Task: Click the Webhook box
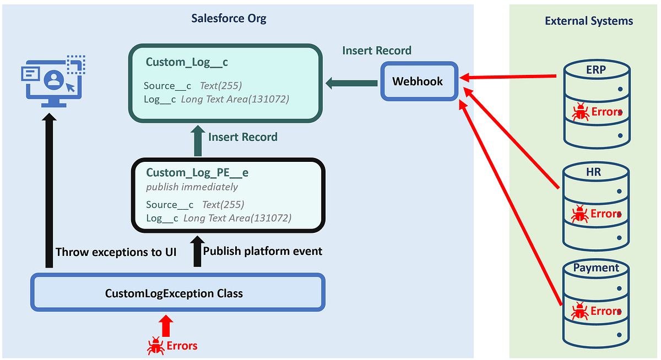pyautogui.click(x=419, y=81)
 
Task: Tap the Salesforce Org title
pyautogui.click(x=229, y=18)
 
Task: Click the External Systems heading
pyautogui.click(x=589, y=21)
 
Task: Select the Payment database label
pyautogui.click(x=596, y=268)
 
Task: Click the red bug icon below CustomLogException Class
pyautogui.click(x=155, y=346)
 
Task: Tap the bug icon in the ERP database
pyautogui.click(x=579, y=112)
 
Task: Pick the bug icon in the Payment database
pyautogui.click(x=579, y=311)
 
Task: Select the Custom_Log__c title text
pyautogui.click(x=187, y=62)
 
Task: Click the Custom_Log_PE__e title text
pyautogui.click(x=197, y=172)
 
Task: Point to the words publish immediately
pyautogui.click(x=192, y=187)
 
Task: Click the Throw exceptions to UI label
pyautogui.click(x=116, y=252)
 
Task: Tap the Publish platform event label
pyautogui.click(x=263, y=252)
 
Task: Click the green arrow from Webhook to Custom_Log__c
pyautogui.click(x=351, y=84)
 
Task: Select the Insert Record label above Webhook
pyautogui.click(x=376, y=51)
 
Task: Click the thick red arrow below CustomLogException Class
pyautogui.click(x=166, y=325)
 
